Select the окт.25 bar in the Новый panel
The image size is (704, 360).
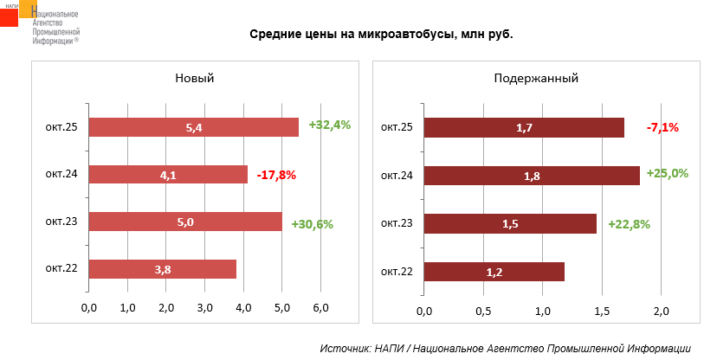[193, 127]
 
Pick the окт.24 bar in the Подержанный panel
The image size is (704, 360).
[532, 176]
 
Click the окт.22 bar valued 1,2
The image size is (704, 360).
[494, 272]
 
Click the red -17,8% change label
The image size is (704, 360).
[276, 175]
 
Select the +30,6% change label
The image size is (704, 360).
[313, 223]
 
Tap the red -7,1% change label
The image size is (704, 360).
[662, 127]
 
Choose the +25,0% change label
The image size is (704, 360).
[667, 173]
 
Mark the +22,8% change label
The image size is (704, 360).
[629, 223]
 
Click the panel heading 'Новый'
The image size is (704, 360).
[195, 78]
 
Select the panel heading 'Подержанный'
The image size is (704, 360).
[536, 78]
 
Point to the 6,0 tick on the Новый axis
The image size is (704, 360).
[320, 308]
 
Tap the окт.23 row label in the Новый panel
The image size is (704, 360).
[62, 222]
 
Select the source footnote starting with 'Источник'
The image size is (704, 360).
[505, 348]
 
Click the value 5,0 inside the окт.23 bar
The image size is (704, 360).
[185, 222]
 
